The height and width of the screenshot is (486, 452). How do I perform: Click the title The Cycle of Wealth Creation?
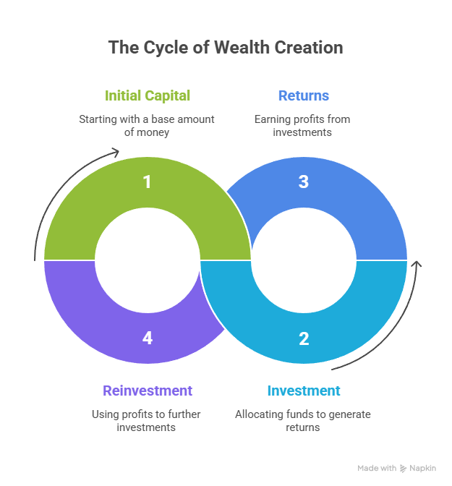[226, 48]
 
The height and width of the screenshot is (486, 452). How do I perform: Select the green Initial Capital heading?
[148, 95]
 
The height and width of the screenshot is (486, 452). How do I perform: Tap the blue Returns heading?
[303, 95]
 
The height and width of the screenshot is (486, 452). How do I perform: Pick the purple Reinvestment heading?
[148, 391]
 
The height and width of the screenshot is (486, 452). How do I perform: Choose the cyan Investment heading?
[303, 391]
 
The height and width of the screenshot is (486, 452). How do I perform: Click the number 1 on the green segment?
[148, 182]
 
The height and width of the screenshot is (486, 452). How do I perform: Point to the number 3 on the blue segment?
[304, 182]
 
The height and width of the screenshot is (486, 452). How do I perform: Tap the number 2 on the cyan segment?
[304, 338]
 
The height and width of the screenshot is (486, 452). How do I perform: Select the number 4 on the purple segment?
[148, 338]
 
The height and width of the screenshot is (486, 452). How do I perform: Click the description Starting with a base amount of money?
[147, 125]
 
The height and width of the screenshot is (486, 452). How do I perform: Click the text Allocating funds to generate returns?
[302, 421]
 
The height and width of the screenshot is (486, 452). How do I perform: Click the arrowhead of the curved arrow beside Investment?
[416, 265]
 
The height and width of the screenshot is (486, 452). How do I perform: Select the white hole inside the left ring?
[148, 260]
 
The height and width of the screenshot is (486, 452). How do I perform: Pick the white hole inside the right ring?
[304, 260]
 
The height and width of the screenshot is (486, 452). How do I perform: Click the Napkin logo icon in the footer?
[404, 469]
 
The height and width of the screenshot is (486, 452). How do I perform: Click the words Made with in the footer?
[377, 469]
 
